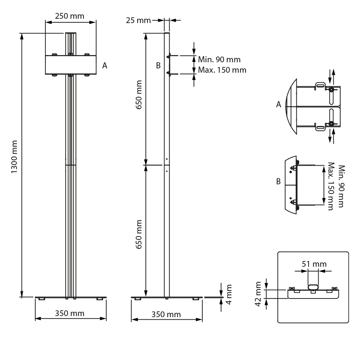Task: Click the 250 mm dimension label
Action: pyautogui.click(x=69, y=16)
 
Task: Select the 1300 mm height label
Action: pyautogui.click(x=14, y=157)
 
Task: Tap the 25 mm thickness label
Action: pyautogui.click(x=138, y=21)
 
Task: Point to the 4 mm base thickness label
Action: pyautogui.click(x=229, y=294)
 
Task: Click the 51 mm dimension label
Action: pyautogui.click(x=314, y=264)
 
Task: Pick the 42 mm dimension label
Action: pyautogui.click(x=258, y=294)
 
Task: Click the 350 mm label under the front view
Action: pyautogui.click(x=69, y=314)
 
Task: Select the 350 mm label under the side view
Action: pyautogui.click(x=166, y=314)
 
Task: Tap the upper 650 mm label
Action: pyautogui.click(x=139, y=95)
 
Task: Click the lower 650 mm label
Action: pyautogui.click(x=139, y=234)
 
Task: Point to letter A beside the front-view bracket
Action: pyautogui.click(x=105, y=66)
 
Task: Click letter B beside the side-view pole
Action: pyautogui.click(x=158, y=66)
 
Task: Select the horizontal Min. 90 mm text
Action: pyautogui.click(x=219, y=59)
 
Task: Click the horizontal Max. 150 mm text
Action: pyautogui.click(x=222, y=70)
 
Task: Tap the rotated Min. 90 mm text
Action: pyautogui.click(x=342, y=186)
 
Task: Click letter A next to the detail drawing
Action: pyautogui.click(x=279, y=104)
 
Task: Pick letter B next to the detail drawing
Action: pyautogui.click(x=278, y=181)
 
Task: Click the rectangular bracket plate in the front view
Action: pyautogui.click(x=71, y=65)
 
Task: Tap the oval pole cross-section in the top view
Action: pyautogui.click(x=313, y=287)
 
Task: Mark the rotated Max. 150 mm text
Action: pyautogui.click(x=331, y=186)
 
